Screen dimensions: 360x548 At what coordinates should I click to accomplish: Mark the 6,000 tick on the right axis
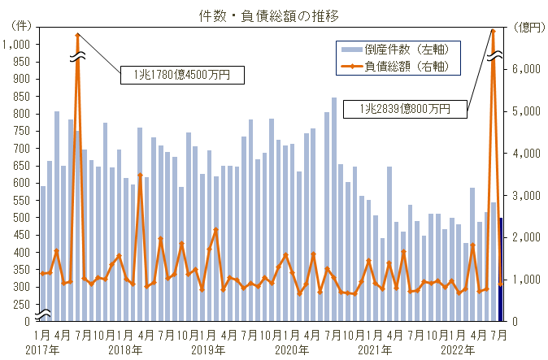(524, 69)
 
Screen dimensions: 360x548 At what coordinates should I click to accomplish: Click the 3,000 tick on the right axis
(524, 195)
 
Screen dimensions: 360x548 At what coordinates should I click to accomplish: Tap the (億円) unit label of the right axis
(529, 27)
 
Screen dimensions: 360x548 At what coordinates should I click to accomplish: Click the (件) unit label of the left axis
(20, 27)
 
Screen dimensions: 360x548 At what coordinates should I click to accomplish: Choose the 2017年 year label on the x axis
(42, 349)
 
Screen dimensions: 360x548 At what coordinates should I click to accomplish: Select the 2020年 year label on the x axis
(292, 349)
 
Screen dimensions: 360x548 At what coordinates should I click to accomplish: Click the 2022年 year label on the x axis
(459, 349)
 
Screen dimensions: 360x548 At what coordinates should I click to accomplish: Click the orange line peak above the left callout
(77, 35)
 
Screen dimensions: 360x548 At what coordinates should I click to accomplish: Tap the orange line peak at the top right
(494, 31)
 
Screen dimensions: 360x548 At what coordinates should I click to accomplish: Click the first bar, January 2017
(43, 252)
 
